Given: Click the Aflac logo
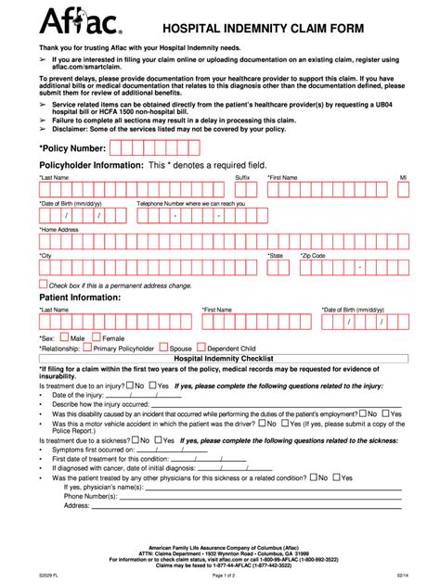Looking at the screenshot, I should point(71,19).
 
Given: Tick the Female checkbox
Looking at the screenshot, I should point(97,338).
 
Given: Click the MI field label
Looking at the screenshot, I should point(403,177).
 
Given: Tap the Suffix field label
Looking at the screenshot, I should point(242,177).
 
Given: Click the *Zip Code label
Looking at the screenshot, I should point(312,255).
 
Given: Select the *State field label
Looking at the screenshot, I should point(276,255).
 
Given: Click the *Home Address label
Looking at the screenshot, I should point(58,229).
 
